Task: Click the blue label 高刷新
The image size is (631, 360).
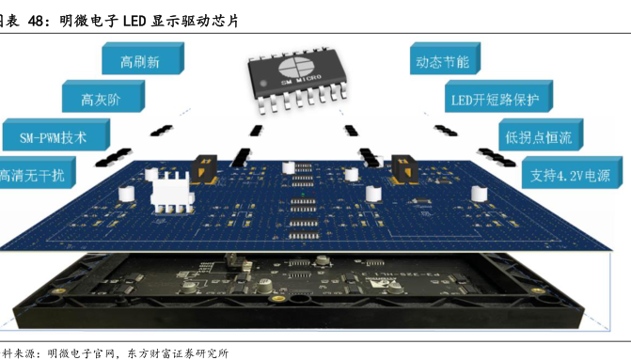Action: [139, 62]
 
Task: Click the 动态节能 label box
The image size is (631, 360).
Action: [441, 62]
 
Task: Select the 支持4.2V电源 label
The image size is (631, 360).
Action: [571, 175]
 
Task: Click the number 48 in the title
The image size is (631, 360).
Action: [39, 16]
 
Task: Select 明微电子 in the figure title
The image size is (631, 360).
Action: [90, 16]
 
